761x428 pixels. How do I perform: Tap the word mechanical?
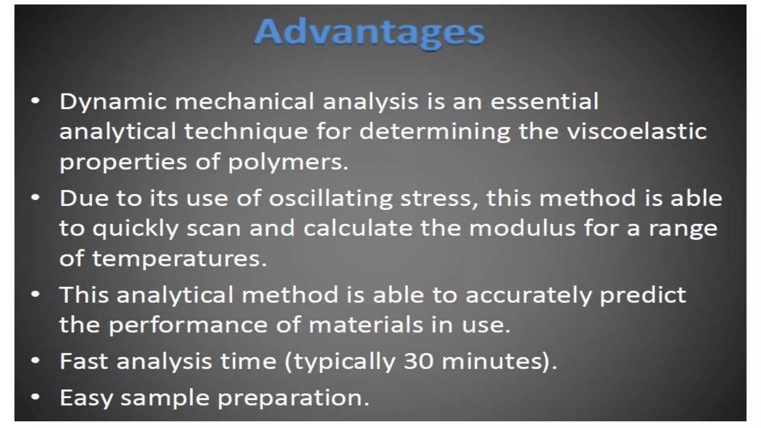[245, 101]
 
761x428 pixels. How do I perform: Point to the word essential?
[544, 101]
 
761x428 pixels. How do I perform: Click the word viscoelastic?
[637, 131]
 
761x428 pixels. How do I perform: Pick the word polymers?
[288, 162]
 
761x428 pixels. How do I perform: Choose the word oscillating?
[331, 198]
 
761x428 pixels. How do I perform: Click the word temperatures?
[179, 258]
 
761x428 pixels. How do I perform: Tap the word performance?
[188, 325]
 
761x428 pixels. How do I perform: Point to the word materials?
[366, 325]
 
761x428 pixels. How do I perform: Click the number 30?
[418, 361]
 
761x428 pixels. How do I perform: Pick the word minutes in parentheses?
[495, 361]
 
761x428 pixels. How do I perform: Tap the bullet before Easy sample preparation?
[35, 397]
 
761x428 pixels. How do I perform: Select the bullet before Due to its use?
[35, 197]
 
